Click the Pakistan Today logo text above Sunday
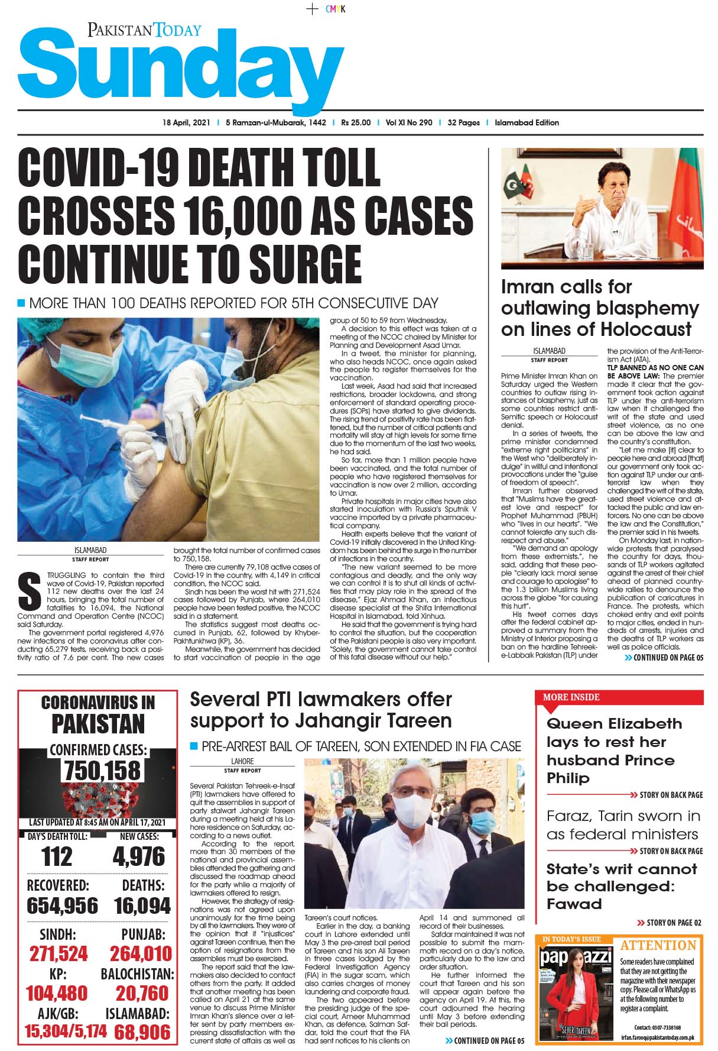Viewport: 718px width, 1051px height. coord(145,30)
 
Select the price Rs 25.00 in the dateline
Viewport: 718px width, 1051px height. coord(356,123)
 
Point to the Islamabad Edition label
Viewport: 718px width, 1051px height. coord(527,123)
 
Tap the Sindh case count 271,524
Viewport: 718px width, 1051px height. coord(59,953)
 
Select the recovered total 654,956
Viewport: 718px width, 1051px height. coord(62,906)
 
